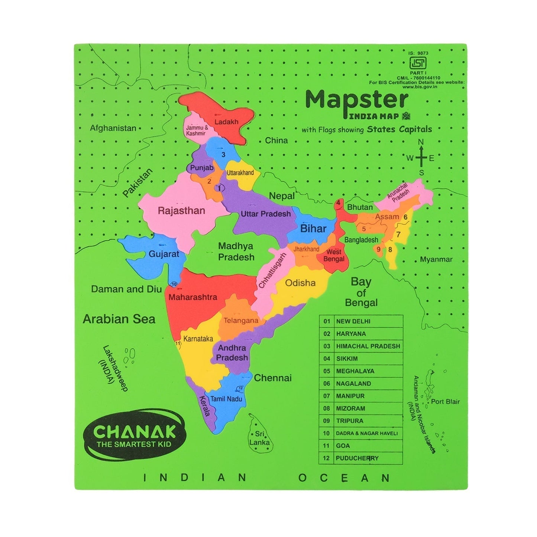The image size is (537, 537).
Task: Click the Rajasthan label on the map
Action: coord(181,211)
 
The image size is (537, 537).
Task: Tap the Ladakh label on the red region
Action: coord(226,122)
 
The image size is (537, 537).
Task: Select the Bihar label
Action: coord(313,229)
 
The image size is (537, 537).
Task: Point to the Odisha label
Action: coord(300,283)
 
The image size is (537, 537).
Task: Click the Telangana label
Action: coord(241,320)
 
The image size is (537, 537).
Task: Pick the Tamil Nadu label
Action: coord(226,399)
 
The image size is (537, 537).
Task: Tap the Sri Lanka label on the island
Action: coord(259,438)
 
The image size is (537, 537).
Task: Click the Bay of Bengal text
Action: coord(361,292)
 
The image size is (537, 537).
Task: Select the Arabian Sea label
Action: coord(119,319)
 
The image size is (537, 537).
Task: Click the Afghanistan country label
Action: coord(113,128)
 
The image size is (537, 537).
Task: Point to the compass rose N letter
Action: coord(421,142)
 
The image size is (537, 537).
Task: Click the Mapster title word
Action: coord(357,100)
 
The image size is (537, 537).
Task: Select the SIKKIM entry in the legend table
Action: coord(347,359)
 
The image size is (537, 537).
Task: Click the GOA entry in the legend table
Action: coord(343,446)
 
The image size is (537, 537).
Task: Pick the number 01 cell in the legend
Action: coord(327,321)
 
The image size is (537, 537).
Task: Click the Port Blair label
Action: coord(445,401)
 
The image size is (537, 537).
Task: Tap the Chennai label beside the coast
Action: coord(273,378)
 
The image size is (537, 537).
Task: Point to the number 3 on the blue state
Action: coord(223,155)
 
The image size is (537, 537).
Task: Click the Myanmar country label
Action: coord(436,259)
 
